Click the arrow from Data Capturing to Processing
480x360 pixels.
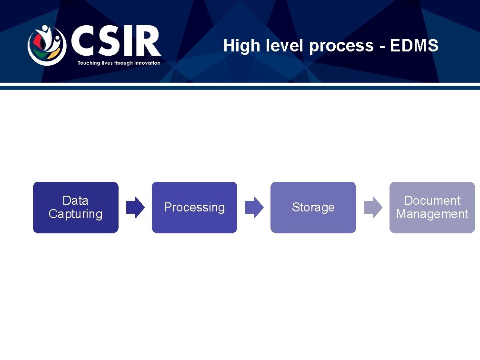click(135, 207)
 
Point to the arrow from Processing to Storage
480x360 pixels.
click(254, 207)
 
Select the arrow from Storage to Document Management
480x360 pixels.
click(373, 207)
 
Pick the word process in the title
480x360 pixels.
click(341, 47)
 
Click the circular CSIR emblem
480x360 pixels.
click(46, 45)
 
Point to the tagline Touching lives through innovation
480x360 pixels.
click(119, 63)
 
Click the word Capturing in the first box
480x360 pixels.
click(75, 214)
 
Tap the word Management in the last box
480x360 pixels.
click(432, 214)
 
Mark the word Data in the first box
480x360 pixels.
click(75, 200)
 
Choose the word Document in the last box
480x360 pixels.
click(432, 200)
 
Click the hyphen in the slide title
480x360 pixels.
click(382, 47)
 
